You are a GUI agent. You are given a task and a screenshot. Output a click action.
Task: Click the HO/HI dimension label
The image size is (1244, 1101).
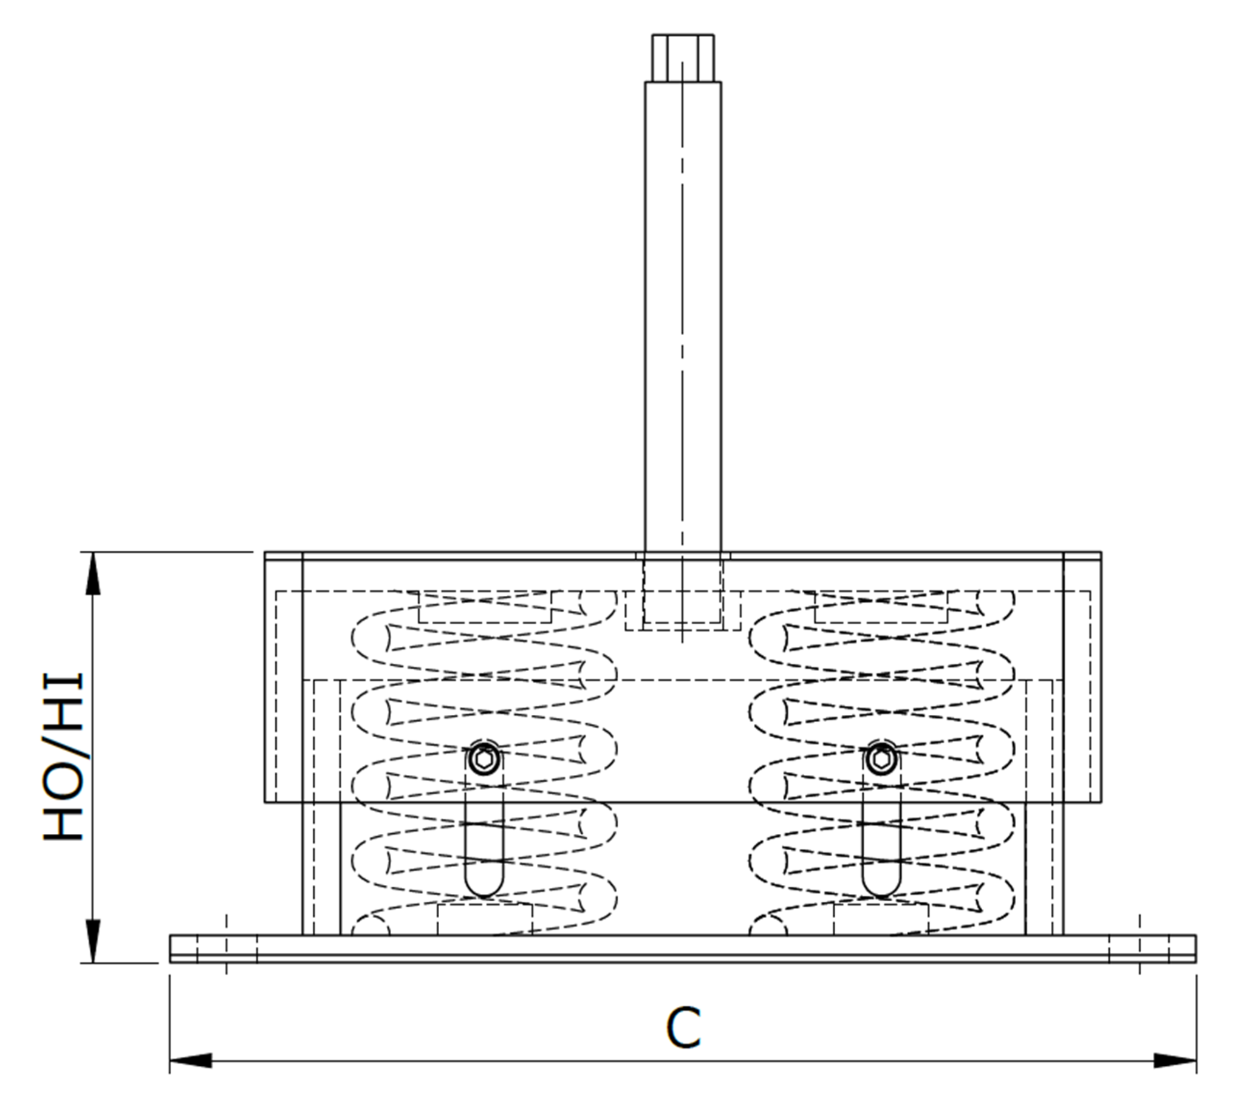pos(63,758)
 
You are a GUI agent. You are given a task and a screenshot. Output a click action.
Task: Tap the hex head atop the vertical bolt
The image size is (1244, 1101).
pos(683,58)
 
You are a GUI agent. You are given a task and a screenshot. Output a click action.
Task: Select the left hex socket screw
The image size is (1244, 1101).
pos(485,759)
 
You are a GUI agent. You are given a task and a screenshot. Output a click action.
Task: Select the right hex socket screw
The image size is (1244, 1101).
pos(881,759)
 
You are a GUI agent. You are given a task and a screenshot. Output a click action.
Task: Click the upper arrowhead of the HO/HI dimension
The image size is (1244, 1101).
pos(92,573)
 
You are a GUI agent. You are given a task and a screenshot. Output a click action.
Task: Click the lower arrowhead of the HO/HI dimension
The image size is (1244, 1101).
pos(92,941)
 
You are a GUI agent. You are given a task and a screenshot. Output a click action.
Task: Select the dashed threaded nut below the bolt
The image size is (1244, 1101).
pos(683,610)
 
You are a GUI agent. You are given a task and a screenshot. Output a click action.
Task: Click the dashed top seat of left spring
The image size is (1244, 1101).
pos(485,607)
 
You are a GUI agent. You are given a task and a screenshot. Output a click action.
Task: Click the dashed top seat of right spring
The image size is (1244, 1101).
pos(881,607)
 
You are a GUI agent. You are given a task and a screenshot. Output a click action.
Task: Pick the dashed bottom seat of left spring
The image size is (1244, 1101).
pos(485,919)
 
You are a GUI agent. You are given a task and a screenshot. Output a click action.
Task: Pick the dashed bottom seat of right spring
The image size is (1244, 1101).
pos(881,919)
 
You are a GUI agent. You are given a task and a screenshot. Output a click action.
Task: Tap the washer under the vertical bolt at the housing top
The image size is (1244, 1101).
pos(683,556)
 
